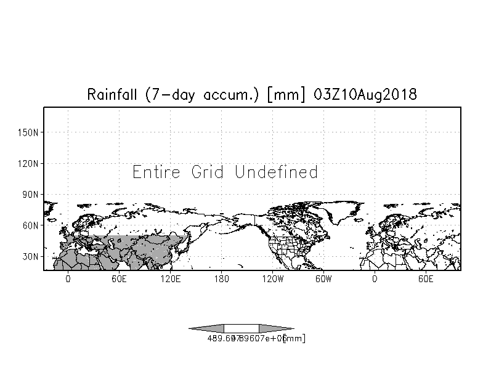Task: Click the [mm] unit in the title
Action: [x=280, y=95]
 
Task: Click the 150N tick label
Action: [x=30, y=132]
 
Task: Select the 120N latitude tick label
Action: [x=30, y=164]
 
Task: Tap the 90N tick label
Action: [x=31, y=195]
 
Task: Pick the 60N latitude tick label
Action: [x=31, y=225]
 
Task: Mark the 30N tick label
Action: [x=31, y=256]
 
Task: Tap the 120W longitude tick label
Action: [x=272, y=279]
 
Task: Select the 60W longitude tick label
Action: [x=323, y=279]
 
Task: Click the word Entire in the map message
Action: [x=156, y=172]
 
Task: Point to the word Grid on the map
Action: [x=208, y=172]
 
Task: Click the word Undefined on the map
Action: [x=276, y=172]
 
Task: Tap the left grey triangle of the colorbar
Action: [x=207, y=328]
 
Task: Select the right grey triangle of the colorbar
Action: [x=275, y=328]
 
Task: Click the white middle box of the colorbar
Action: [x=241, y=328]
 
